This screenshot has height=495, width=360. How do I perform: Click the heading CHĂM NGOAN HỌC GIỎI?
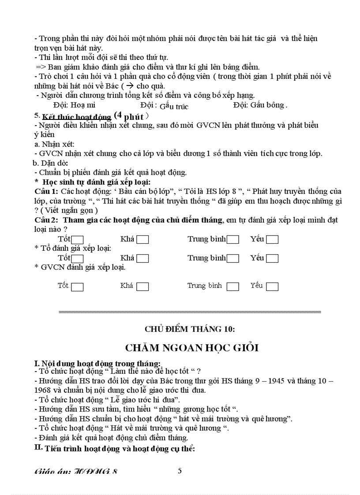pyautogui.click(x=191, y=348)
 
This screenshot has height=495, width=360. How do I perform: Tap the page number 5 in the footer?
pyautogui.click(x=180, y=471)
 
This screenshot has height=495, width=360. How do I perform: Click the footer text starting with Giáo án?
pyautogui.click(x=76, y=472)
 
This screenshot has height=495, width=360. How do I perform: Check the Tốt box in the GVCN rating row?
pyautogui.click(x=77, y=287)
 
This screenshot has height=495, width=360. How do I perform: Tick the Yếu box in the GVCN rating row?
pyautogui.click(x=272, y=287)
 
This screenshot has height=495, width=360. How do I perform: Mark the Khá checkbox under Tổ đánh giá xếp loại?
pyautogui.click(x=142, y=259)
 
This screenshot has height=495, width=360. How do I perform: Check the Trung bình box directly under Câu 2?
pyautogui.click(x=232, y=240)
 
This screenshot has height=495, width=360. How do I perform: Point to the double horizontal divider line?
pyautogui.click(x=190, y=312)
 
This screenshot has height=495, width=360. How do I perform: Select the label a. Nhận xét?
pyautogui.click(x=54, y=144)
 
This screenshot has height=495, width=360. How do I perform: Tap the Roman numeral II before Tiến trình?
pyautogui.click(x=38, y=448)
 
